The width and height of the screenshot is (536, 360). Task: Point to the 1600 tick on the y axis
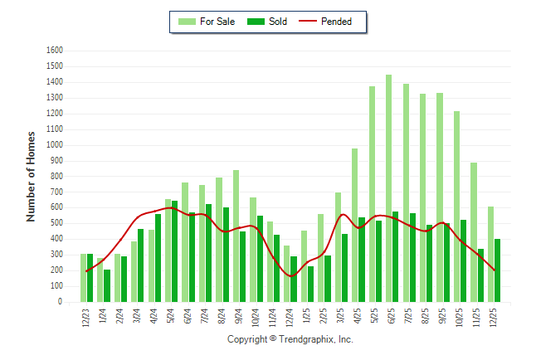(x=56, y=51)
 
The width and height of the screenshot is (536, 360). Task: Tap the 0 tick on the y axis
(x=61, y=303)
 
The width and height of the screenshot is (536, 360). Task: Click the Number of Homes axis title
(x=32, y=176)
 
